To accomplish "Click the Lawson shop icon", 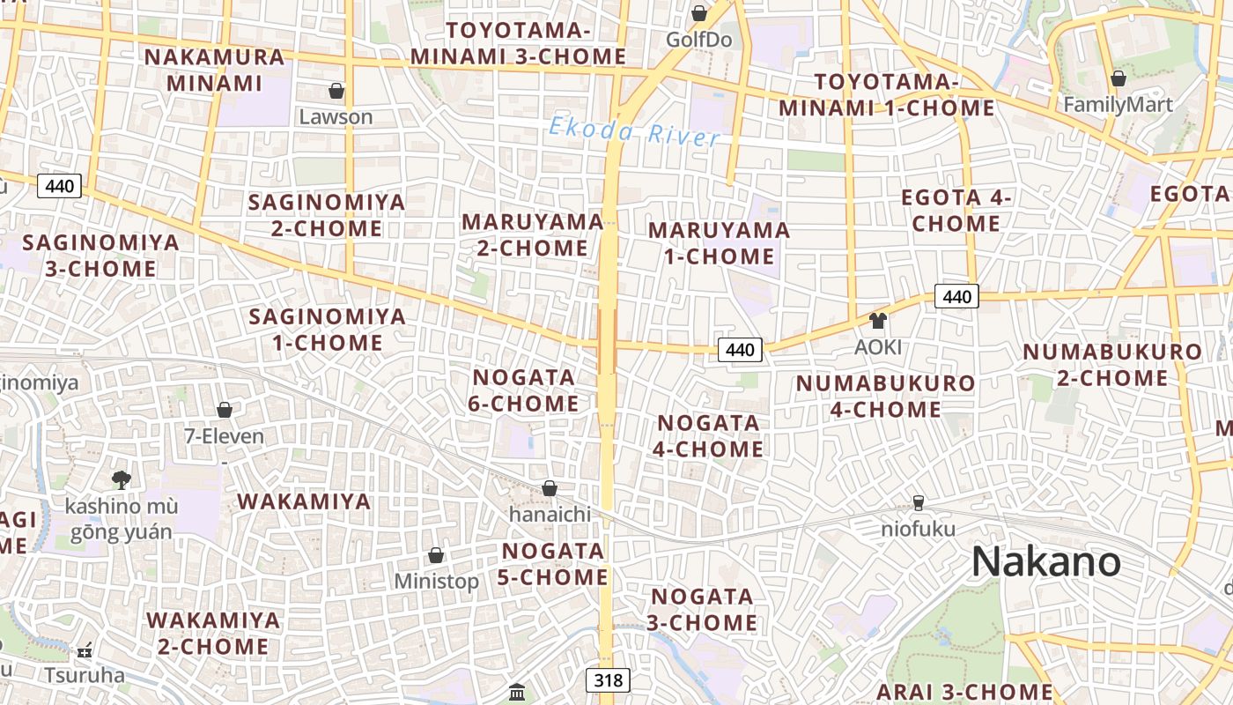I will [x=336, y=91].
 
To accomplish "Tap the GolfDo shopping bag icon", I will [x=699, y=13].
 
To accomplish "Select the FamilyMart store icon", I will [x=1119, y=78].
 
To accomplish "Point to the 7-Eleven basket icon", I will [x=225, y=410].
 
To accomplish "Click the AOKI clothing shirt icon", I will [x=878, y=320].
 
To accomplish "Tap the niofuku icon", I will [x=919, y=502].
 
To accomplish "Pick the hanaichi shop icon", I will [x=550, y=488].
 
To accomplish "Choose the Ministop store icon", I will [x=436, y=555].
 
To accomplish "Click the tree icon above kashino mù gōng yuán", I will [x=122, y=479].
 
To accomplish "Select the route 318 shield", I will [x=608, y=679].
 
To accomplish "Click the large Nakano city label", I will [x=1045, y=561].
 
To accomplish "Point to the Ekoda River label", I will [x=634, y=132].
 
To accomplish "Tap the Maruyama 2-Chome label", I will [x=533, y=234].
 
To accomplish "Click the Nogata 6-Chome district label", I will [x=525, y=390].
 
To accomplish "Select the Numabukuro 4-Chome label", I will [x=885, y=397].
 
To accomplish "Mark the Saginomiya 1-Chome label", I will [x=328, y=330].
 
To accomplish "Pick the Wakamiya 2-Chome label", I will [x=213, y=633].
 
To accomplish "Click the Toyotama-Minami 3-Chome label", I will [x=518, y=43].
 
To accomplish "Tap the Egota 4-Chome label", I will [x=956, y=211].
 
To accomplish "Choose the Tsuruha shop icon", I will [x=85, y=650].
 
